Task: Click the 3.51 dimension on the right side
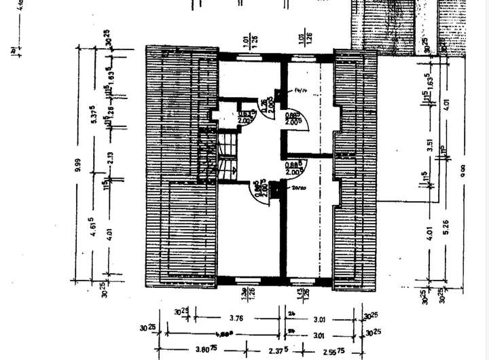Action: click(x=430, y=144)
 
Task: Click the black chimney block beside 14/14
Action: click(x=278, y=94)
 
